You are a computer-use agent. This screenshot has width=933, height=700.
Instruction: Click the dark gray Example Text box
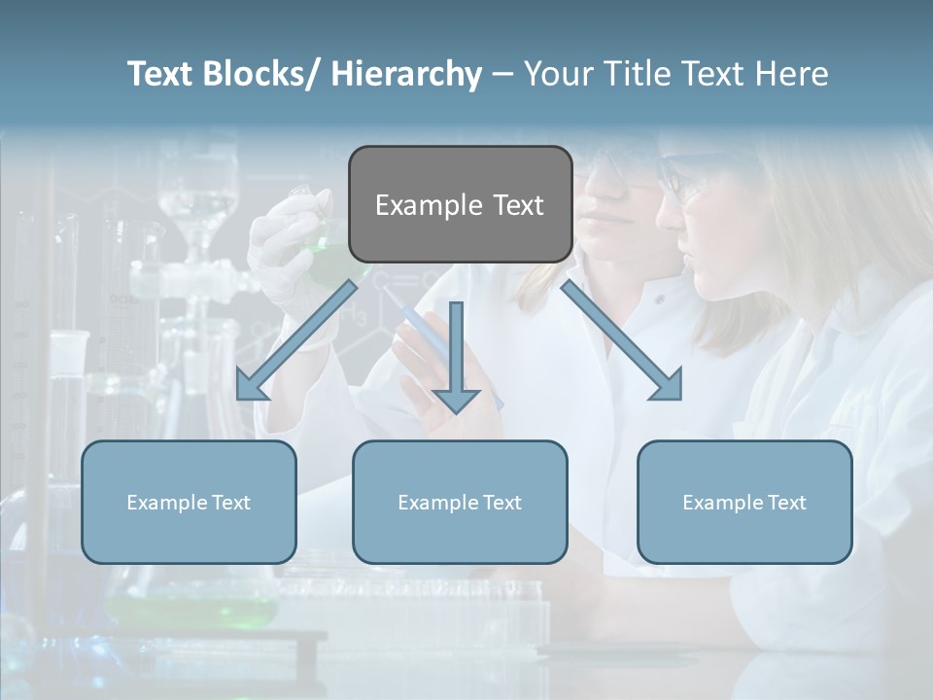(460, 204)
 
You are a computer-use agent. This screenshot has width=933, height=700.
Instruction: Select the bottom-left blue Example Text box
(189, 502)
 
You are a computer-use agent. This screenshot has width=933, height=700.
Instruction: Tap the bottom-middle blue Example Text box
(460, 502)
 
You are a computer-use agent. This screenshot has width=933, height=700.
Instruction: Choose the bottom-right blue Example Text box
(744, 502)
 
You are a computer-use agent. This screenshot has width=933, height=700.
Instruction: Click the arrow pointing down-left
(296, 340)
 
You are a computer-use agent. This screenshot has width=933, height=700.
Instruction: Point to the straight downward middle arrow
(456, 350)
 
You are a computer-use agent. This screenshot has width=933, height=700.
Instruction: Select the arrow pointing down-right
(622, 340)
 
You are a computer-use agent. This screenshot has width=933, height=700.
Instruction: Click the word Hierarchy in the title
(405, 74)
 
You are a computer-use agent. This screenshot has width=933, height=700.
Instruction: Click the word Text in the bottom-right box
(786, 502)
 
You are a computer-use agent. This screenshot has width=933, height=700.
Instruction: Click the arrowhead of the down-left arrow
(250, 386)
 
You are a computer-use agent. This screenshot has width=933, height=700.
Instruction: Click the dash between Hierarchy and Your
(501, 75)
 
